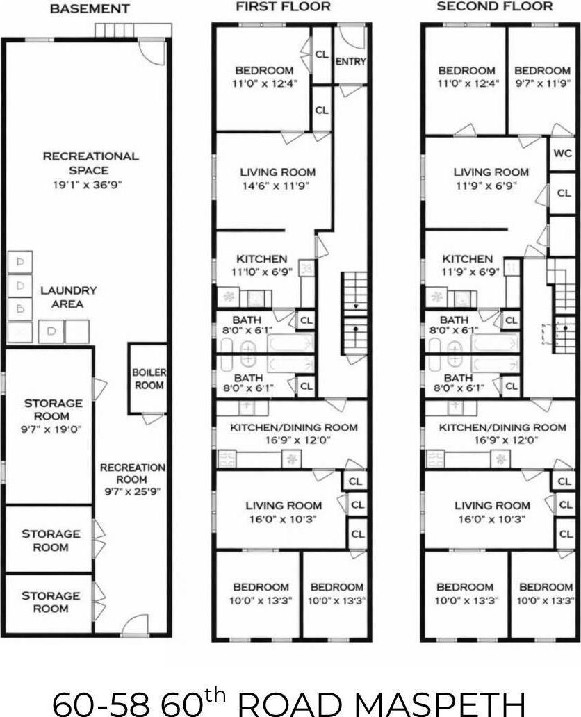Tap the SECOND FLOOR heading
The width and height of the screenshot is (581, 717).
[494, 7]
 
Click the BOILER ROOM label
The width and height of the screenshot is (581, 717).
[148, 379]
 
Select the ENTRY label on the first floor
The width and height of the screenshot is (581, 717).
[350, 62]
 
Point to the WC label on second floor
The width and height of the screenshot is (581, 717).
[562, 154]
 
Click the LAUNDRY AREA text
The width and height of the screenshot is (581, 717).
[68, 297]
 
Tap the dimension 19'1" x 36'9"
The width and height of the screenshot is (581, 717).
[90, 186]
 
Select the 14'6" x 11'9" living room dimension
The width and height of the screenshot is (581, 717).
[277, 186]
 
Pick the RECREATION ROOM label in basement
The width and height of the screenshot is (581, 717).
[132, 474]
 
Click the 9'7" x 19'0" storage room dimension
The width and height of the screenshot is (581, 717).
[52, 429]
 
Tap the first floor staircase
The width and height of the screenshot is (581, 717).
[354, 313]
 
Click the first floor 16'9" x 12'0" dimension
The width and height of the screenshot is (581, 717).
[293, 440]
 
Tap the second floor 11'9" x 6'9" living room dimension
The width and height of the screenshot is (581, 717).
[491, 186]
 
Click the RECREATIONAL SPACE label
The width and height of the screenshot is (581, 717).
[90, 163]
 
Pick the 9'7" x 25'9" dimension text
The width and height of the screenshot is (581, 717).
[132, 493]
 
